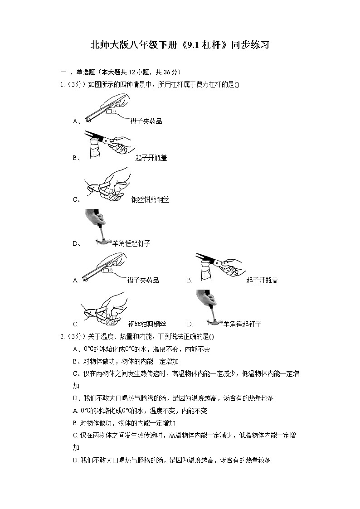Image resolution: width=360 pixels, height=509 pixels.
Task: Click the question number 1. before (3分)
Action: pos(63,84)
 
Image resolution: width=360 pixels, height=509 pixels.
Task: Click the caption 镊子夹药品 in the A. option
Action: pos(143,281)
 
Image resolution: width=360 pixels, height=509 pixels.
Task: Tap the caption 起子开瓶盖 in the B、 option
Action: pos(151,158)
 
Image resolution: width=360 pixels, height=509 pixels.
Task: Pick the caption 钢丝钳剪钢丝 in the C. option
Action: pos(147,324)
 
